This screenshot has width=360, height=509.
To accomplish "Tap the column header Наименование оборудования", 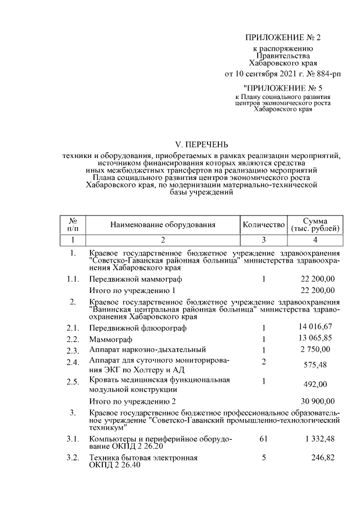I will [163, 225].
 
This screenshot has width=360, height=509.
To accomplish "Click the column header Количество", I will [263, 225].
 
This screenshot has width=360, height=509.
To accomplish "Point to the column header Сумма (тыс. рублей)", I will [315, 225].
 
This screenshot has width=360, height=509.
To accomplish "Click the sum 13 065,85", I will [317, 339].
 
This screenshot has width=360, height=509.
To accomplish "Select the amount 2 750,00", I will [319, 350].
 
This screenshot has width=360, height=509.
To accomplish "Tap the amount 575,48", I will [323, 366].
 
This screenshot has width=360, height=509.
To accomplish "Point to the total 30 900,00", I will [318, 402].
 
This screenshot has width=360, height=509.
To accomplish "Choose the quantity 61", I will [263, 438].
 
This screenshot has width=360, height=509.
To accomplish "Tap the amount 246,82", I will [323, 458].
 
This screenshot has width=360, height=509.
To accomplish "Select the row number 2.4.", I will [72, 362].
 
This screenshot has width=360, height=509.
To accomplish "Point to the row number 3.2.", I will [72, 458].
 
